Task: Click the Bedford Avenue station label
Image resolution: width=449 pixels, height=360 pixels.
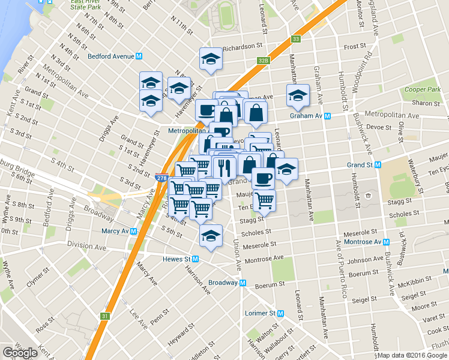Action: click(110, 56)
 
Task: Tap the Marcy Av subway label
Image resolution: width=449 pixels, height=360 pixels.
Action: click(113, 231)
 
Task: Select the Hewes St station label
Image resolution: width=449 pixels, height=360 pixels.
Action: click(176, 259)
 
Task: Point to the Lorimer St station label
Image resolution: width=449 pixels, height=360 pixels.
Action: click(261, 313)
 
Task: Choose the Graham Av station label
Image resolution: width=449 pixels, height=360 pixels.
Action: click(306, 116)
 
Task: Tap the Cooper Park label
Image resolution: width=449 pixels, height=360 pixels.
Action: click(423, 89)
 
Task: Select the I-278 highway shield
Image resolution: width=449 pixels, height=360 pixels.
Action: click(161, 178)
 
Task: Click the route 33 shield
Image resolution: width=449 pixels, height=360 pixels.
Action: click(295, 39)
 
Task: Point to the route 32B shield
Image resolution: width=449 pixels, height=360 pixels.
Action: click(263, 60)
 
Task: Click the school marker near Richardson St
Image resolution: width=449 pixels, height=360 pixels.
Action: click(211, 59)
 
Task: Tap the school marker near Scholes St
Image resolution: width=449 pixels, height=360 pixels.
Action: click(211, 236)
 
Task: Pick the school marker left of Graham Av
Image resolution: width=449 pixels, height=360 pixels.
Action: click(297, 95)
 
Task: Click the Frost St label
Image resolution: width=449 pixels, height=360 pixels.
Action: click(355, 46)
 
